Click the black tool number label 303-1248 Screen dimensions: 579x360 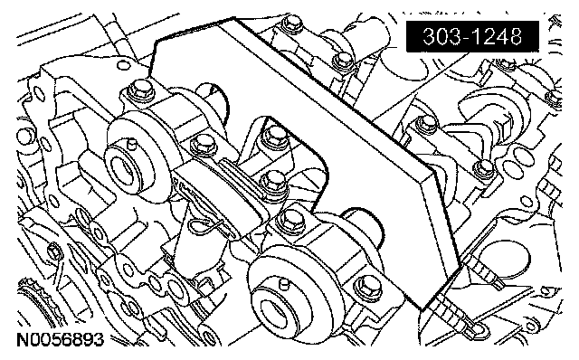472,36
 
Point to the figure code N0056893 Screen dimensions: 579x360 61,339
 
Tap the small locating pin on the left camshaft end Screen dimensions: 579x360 130,144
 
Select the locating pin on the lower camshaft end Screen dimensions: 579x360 283,284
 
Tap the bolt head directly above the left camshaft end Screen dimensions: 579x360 141,90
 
